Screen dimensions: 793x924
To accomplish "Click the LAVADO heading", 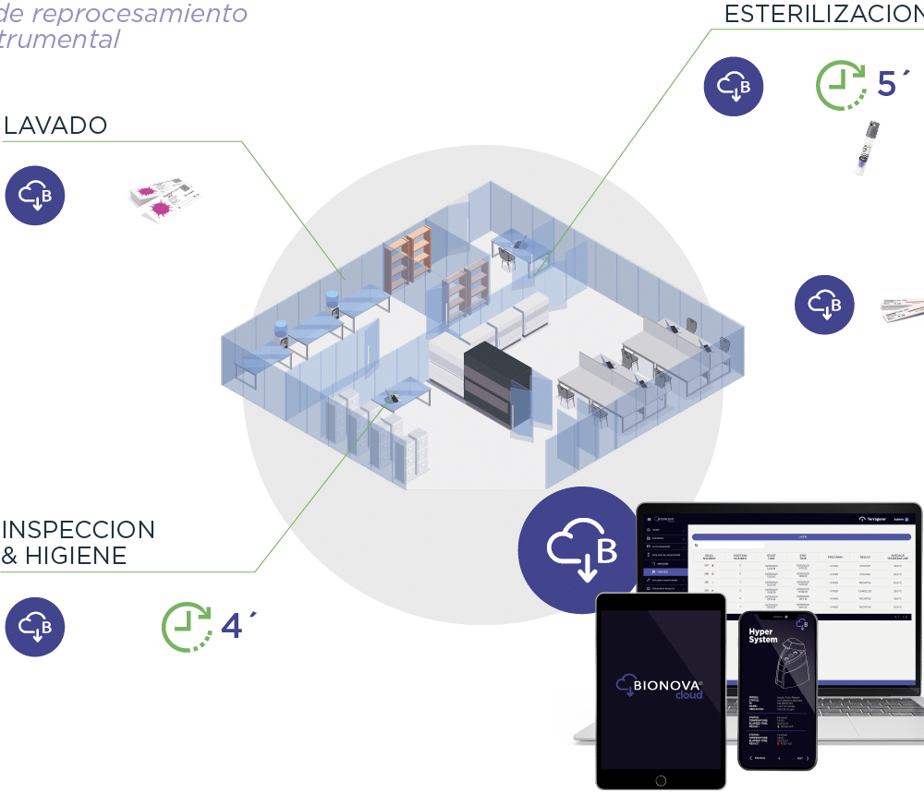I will point(55,126).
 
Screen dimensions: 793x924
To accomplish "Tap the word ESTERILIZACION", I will point(822,14).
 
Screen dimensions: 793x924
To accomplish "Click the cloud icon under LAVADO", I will point(35,195).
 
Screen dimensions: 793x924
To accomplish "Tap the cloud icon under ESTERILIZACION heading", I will point(734,86).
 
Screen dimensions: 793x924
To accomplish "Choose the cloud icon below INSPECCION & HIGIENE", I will point(35,627).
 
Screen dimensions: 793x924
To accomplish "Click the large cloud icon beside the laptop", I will point(582,550).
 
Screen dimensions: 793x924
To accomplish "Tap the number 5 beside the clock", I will point(887,83).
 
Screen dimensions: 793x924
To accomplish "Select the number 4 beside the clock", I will point(231,626).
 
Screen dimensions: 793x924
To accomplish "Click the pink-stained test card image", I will point(164,198).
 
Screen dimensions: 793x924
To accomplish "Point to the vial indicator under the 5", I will point(866,147).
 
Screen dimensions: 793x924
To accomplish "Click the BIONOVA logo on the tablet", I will point(660,687).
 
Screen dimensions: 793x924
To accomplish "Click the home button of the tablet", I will point(660,780).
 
